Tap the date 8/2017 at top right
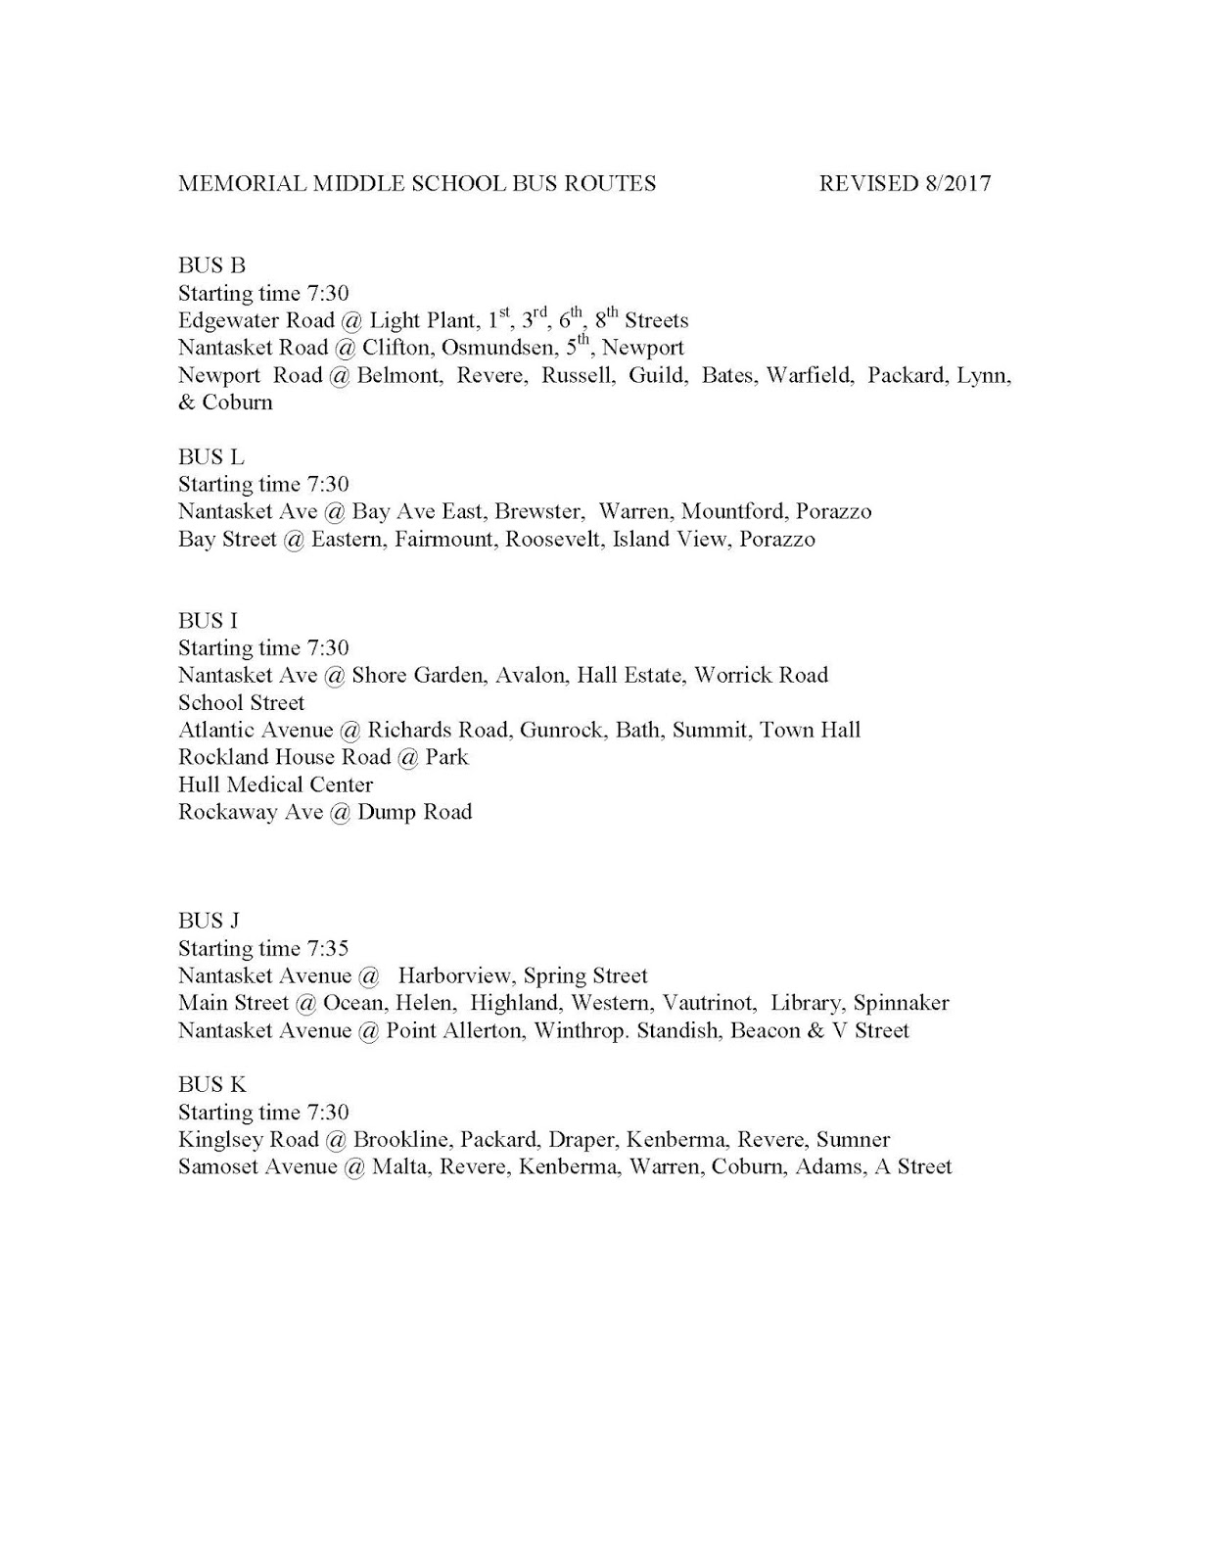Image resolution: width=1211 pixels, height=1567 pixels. [x=956, y=183]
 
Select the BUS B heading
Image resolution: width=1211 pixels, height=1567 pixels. [x=211, y=265]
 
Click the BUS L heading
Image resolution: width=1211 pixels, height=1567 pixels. [x=210, y=456]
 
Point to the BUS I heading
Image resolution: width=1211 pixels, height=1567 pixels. [x=208, y=620]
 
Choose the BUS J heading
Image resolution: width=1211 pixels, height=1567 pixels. [x=209, y=921]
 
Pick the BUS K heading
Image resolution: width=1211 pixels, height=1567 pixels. [x=211, y=1084]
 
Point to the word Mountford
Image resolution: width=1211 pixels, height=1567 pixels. [x=732, y=511]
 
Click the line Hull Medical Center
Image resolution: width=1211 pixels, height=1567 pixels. [x=275, y=784]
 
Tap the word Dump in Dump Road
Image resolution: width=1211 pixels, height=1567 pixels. [x=386, y=812]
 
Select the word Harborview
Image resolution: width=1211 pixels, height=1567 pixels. [x=454, y=975]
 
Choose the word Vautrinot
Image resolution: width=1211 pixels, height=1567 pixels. [x=708, y=1003]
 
